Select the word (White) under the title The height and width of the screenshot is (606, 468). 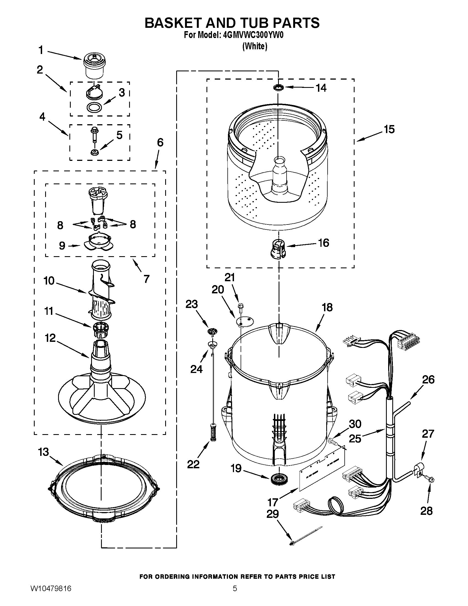tap(255, 46)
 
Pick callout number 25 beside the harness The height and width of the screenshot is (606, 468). tap(355, 439)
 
